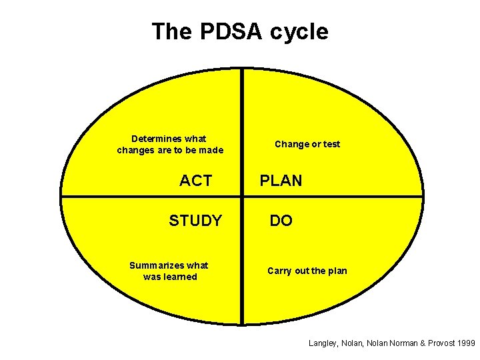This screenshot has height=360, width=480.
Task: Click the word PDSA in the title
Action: point(226,31)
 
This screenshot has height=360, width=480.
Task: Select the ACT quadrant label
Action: point(195,181)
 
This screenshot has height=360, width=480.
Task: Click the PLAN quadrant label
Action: point(281,181)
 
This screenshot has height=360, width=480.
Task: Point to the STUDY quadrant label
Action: point(195,221)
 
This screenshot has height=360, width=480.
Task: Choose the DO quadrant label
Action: point(281,221)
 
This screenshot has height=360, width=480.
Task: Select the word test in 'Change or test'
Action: point(331,144)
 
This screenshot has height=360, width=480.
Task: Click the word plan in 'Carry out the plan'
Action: point(337,271)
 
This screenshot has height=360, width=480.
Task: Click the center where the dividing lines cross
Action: point(242,196)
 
